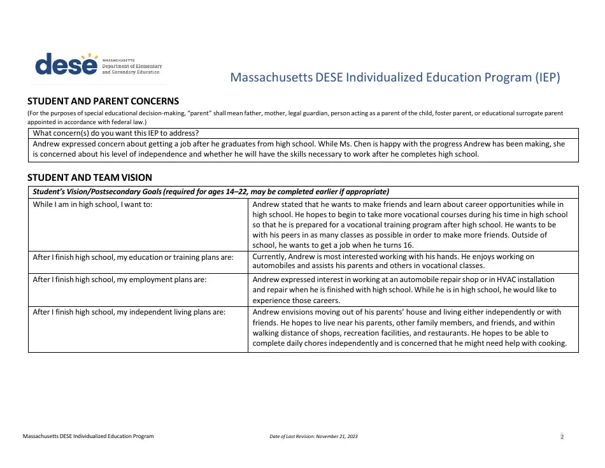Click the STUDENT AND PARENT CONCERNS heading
(103, 101)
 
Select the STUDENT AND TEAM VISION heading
(90, 178)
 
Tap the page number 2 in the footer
(562, 437)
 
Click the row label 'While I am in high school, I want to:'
(93, 204)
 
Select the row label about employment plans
(120, 280)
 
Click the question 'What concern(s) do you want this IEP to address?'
(116, 133)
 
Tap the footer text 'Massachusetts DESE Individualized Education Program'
(88, 437)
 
